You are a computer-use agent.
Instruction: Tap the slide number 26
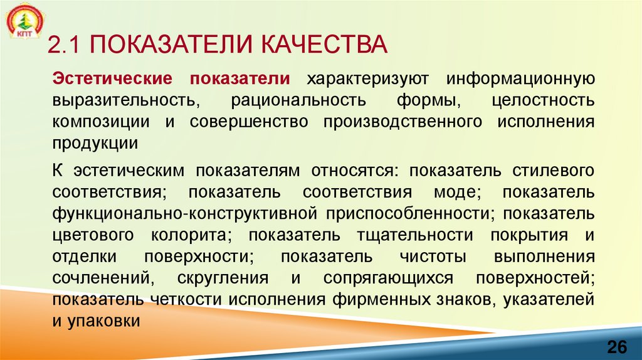tap(616, 347)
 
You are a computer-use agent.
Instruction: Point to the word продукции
tap(95, 143)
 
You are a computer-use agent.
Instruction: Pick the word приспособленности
tap(408, 213)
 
